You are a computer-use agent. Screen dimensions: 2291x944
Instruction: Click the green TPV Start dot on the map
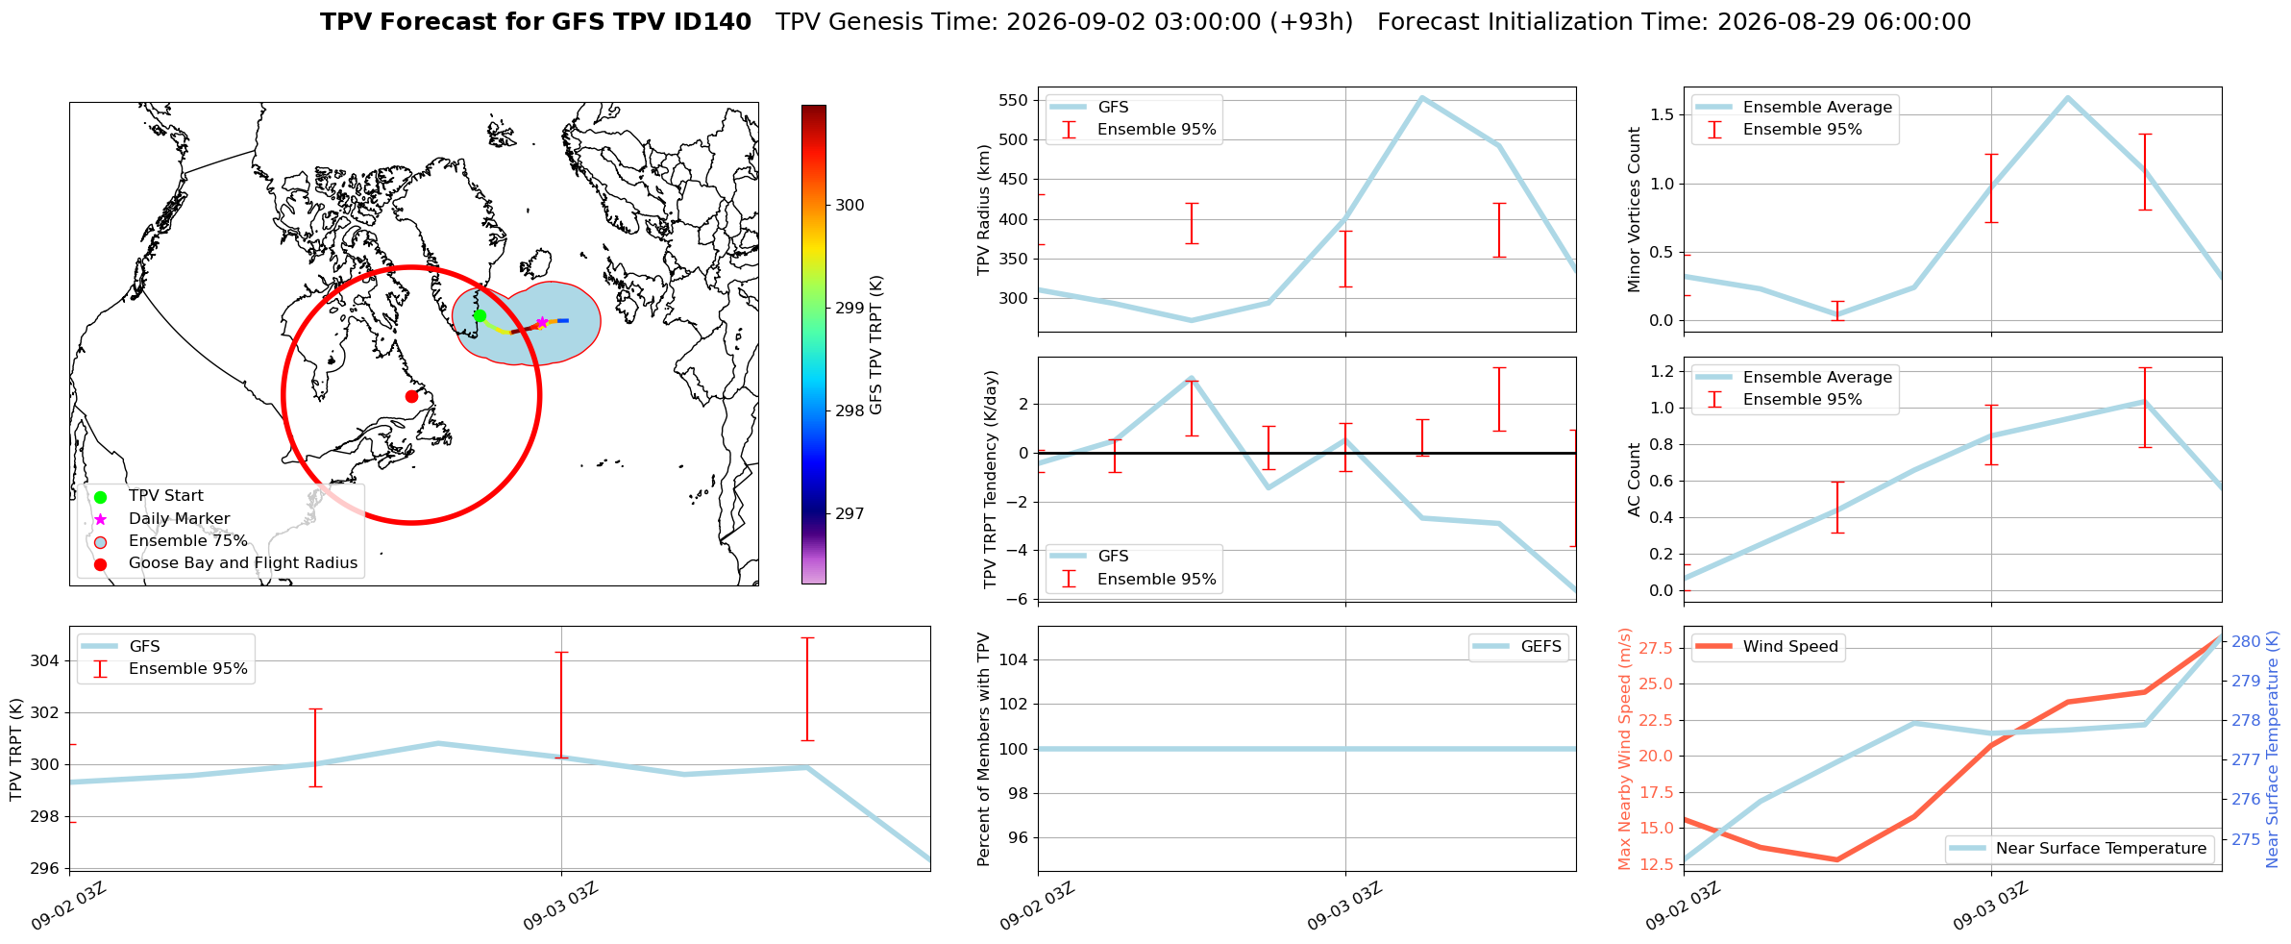480,315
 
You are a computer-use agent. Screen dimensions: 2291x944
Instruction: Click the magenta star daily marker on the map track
542,322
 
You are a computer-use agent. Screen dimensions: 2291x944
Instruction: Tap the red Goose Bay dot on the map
411,396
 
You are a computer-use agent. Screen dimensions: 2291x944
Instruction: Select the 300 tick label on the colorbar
850,205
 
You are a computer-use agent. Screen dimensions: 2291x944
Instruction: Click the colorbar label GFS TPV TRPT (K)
875,345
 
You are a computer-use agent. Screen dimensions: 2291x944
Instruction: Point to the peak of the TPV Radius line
1422,97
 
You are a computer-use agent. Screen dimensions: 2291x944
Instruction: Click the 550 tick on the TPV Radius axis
1013,100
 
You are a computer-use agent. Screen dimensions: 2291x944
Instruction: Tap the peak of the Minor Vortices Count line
2067,97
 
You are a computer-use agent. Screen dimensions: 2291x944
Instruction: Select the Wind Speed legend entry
1767,647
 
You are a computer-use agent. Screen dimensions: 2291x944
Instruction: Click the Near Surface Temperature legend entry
2080,849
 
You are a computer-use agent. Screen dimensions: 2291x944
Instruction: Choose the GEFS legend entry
1518,647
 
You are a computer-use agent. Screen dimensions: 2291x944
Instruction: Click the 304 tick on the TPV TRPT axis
45,660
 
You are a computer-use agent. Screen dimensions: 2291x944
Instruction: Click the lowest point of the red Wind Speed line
1837,859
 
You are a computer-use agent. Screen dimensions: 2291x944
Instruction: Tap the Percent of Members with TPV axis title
983,749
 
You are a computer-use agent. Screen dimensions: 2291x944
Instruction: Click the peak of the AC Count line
2143,402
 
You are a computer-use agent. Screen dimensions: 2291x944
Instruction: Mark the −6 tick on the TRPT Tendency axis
1017,599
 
